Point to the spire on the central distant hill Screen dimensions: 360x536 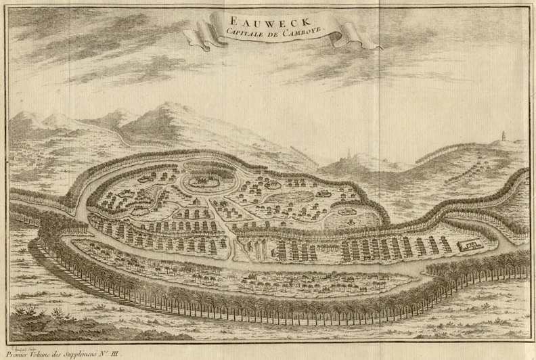(347, 153)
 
